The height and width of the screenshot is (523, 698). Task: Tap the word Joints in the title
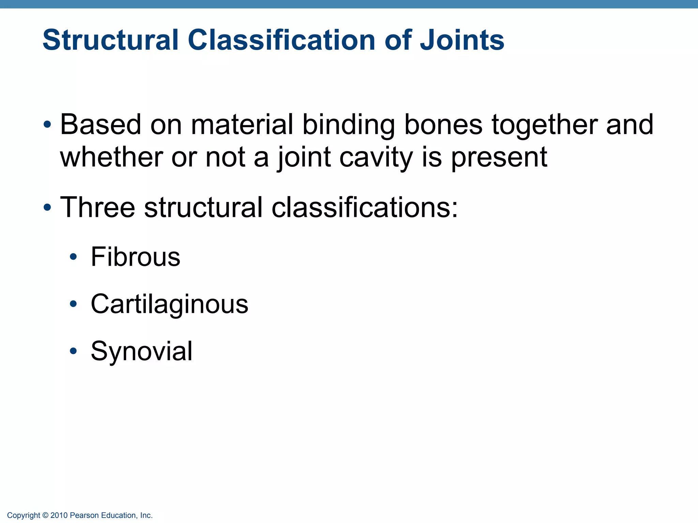coord(462,40)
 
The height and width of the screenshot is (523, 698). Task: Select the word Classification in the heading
coord(282,40)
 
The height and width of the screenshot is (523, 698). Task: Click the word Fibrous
coord(135,257)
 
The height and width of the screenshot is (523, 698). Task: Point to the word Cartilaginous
coord(169,304)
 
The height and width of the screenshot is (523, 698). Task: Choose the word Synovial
coord(141,351)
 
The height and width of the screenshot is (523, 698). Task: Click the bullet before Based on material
coord(47,124)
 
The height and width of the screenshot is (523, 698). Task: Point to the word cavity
coord(376,158)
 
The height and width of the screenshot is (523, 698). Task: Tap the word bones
coord(443,124)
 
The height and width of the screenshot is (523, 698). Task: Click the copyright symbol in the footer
coord(45,516)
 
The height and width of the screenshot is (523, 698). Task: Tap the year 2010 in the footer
coord(59,516)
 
